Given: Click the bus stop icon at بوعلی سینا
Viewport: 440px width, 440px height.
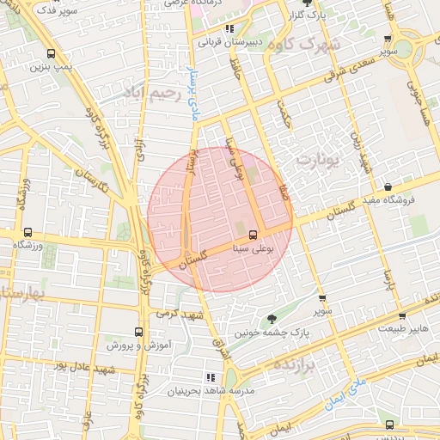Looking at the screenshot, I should coord(253,234).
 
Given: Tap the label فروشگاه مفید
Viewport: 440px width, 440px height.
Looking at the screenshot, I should coord(387,199).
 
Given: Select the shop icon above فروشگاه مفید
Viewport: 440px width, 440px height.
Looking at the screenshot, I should coord(388,186).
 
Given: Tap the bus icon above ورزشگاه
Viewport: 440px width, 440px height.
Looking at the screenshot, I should coord(28,232).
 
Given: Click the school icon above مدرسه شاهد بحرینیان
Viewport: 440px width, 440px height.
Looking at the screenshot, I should coord(210,377).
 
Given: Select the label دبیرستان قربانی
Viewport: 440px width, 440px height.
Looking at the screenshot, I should coord(229,40).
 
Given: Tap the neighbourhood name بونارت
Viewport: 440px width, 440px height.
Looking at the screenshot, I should coord(318,159).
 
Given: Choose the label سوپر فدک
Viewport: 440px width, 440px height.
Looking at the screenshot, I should coord(59,12).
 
